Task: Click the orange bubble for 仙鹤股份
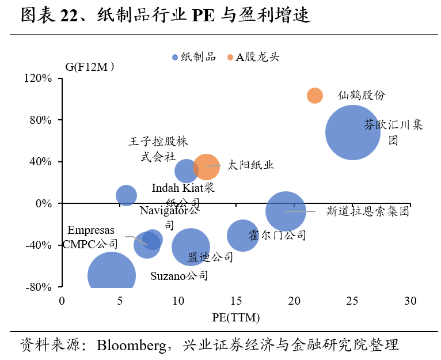click(314, 96)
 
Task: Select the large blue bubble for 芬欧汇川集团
click(352, 132)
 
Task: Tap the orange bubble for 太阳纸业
click(206, 166)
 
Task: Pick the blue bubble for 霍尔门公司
click(242, 235)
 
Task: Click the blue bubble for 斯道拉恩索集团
click(286, 211)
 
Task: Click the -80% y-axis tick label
click(39, 287)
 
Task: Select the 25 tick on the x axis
click(352, 301)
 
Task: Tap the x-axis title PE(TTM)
click(236, 317)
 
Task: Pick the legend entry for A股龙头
click(254, 56)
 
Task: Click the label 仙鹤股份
click(362, 96)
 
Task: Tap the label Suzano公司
click(179, 276)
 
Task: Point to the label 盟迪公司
click(210, 257)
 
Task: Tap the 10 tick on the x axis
click(178, 301)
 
